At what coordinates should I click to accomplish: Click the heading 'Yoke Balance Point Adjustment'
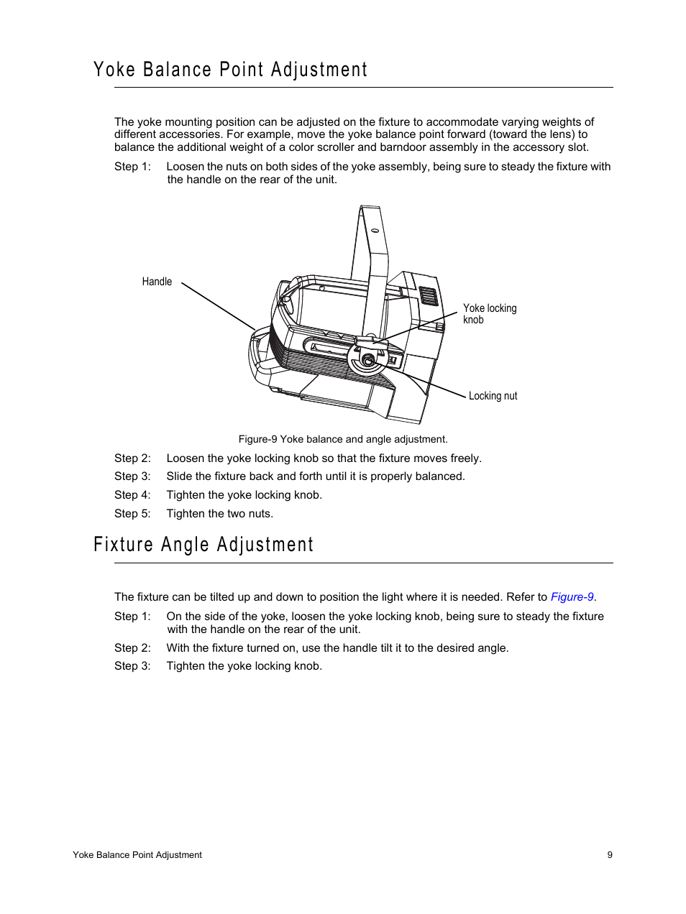click(230, 70)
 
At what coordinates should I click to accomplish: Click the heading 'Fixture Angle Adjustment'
click(203, 545)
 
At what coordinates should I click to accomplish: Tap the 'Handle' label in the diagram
click(157, 282)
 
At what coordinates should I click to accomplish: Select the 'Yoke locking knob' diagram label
click(489, 314)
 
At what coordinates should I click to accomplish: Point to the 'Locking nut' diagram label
click(493, 396)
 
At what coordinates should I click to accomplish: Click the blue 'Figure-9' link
click(572, 597)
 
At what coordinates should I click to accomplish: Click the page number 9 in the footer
click(610, 855)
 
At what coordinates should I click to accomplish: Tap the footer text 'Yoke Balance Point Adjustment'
click(137, 855)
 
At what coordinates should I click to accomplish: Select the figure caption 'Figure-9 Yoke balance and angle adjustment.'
click(343, 439)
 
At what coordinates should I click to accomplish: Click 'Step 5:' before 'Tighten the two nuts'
click(132, 514)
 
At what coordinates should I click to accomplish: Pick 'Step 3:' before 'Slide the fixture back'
click(132, 476)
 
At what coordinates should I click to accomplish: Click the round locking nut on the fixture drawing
click(368, 360)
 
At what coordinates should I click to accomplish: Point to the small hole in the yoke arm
click(375, 231)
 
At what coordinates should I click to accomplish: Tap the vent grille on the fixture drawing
click(429, 295)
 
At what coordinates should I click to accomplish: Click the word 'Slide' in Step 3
click(179, 476)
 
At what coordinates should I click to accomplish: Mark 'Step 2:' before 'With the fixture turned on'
click(132, 648)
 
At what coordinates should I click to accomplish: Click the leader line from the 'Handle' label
click(218, 305)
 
